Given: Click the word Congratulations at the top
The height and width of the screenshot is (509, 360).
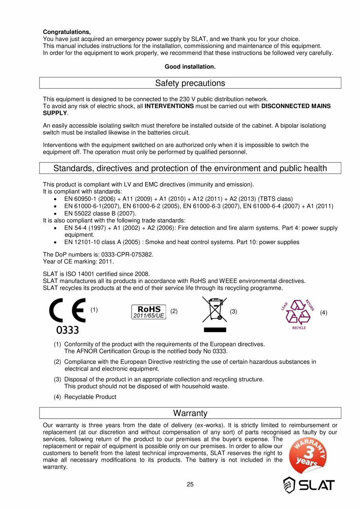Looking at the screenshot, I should coord(67,32).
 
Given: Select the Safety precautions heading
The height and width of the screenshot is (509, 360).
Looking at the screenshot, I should coord(190,83).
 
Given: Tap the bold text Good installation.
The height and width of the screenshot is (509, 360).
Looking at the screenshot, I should coord(190,67).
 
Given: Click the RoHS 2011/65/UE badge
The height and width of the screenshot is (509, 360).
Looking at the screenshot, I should coord(148,312).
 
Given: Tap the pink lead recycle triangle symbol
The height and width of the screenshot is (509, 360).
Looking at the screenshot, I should coord(299,313).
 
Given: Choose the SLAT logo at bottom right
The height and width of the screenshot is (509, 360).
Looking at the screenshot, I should coord(309,485).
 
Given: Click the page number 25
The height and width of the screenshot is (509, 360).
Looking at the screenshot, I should coord(190,485).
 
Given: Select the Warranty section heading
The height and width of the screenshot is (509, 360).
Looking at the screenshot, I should coord(190,413).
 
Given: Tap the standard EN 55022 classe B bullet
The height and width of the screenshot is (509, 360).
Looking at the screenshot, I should coord(100,213).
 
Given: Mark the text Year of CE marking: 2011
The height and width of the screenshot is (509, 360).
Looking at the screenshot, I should coord(78,261).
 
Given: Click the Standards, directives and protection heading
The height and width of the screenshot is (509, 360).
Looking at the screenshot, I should coord(190,168).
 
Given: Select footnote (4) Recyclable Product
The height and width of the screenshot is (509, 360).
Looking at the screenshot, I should coord(85,397).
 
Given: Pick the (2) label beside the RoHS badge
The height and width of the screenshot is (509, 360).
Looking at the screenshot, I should coord(174,312).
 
